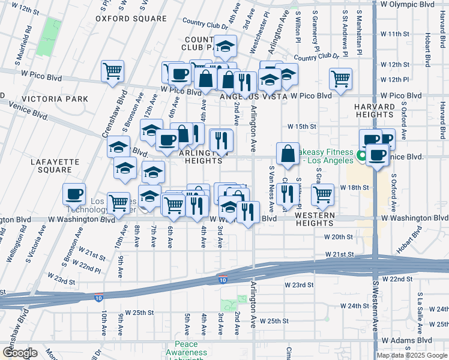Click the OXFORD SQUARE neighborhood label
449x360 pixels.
pyautogui.click(x=131, y=19)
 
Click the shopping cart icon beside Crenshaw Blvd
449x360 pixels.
pyautogui.click(x=112, y=72)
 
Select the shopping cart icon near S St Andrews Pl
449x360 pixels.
pyautogui.click(x=340, y=79)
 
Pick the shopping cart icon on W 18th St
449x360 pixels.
pyautogui.click(x=322, y=194)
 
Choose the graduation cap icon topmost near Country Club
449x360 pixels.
pyautogui.click(x=225, y=46)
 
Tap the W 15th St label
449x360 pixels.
pyautogui.click(x=301, y=127)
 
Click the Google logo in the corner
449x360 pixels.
pyautogui.click(x=19, y=353)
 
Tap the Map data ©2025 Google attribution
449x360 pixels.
pyautogui.click(x=412, y=355)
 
